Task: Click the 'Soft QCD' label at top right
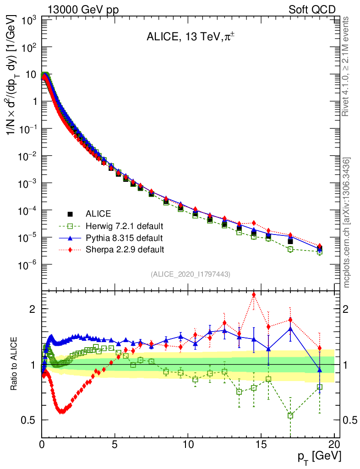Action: pyautogui.click(x=312, y=10)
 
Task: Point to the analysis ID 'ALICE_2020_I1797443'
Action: pyautogui.click(x=190, y=274)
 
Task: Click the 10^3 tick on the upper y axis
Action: pyautogui.click(x=28, y=20)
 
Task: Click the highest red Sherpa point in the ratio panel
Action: pyautogui.click(x=254, y=294)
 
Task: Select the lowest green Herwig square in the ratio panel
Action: pyautogui.click(x=290, y=415)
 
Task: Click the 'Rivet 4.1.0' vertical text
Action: pyautogui.click(x=346, y=66)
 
